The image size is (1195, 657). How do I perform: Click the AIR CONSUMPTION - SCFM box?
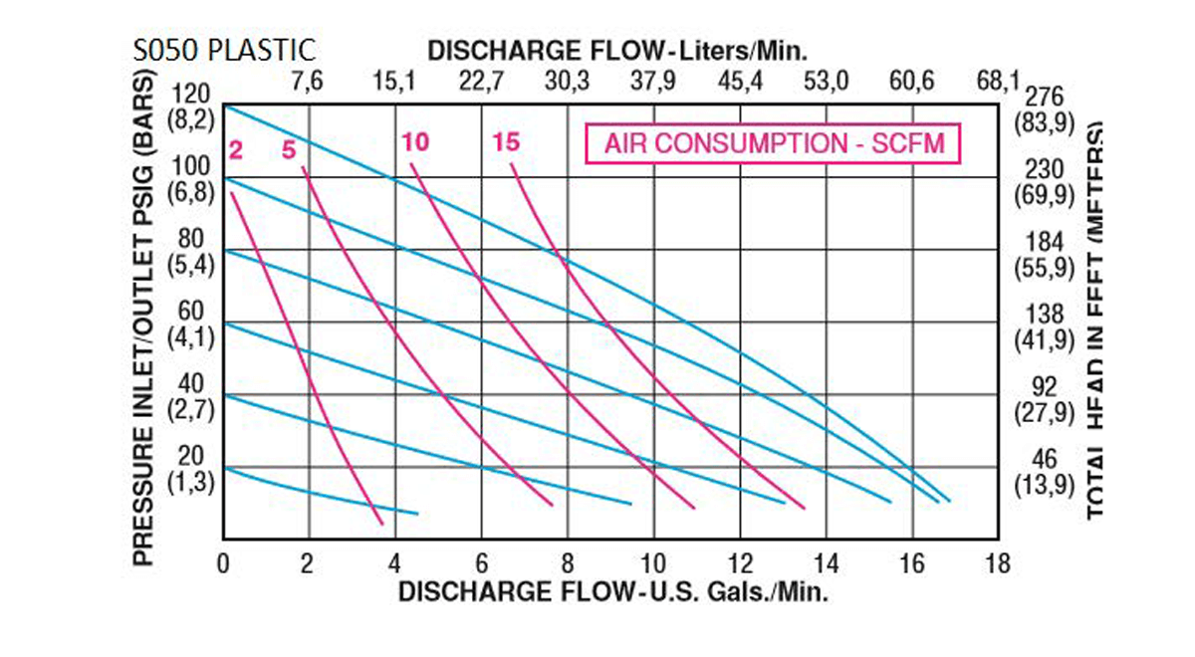click(x=773, y=145)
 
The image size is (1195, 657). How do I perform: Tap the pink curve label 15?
click(x=506, y=142)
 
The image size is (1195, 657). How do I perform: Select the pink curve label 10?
click(x=416, y=142)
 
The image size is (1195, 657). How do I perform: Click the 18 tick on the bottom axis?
click(x=997, y=563)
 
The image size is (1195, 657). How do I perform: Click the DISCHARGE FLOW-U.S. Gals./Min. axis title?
click(x=613, y=592)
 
